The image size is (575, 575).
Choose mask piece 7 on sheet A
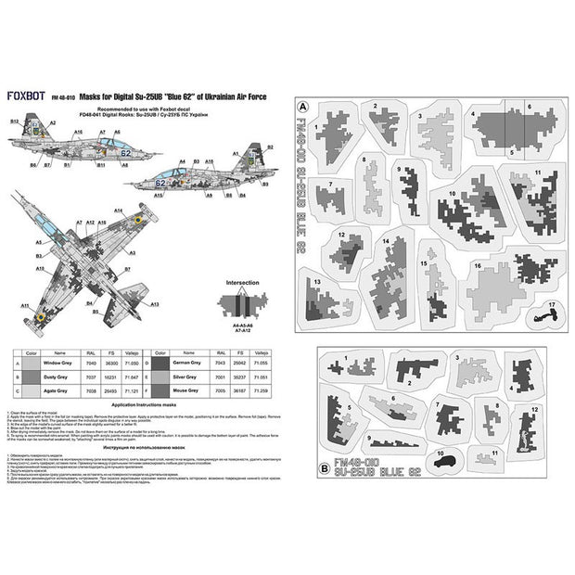(330, 198)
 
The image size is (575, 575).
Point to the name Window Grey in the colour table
(62, 364)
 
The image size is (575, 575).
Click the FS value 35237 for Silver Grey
(238, 378)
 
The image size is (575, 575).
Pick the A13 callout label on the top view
(155, 304)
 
